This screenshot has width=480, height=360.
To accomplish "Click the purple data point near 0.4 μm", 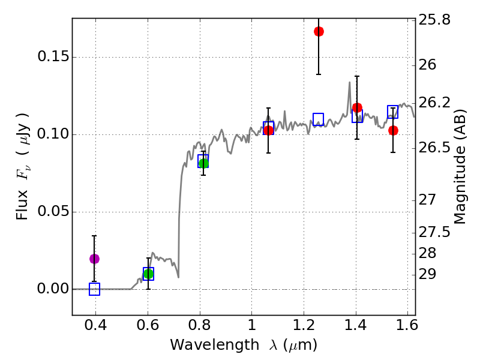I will click(x=94, y=259).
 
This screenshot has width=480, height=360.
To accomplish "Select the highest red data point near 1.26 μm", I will click(x=319, y=31).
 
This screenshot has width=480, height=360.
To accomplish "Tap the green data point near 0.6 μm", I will click(x=148, y=274).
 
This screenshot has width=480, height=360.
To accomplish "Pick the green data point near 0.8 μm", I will click(x=203, y=163).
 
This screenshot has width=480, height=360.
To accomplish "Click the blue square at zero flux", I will click(x=94, y=289).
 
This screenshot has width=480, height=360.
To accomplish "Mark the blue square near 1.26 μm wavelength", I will click(x=319, y=119).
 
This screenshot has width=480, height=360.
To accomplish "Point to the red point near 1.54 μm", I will click(x=393, y=130).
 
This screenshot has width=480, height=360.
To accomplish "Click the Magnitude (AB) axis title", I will click(x=461, y=167).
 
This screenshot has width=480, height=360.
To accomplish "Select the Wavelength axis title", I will click(x=243, y=345).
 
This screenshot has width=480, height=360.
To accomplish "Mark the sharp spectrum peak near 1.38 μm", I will click(x=349, y=83).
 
